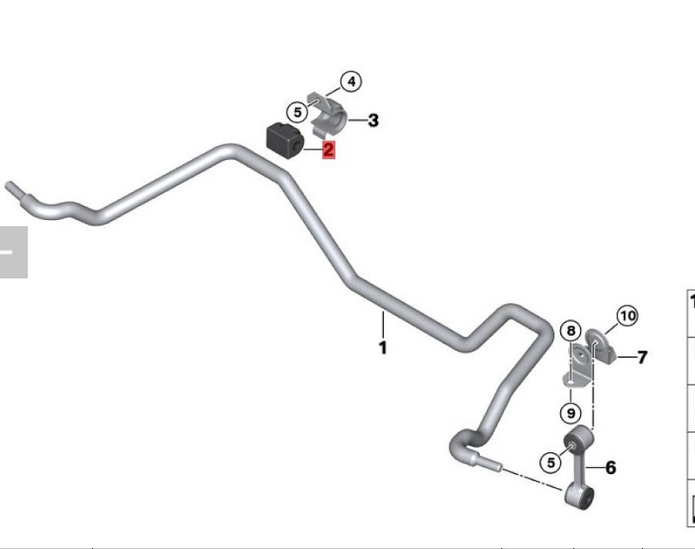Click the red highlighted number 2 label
pos(328,150)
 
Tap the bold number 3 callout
pos(374,120)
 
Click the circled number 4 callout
pos(351,82)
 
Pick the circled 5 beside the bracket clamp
pos(297,112)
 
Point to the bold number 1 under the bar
pos(383,347)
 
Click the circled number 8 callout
pos(571,331)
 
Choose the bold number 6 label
pos(611,467)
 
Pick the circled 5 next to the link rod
pos(551,463)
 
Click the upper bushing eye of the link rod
pos(578,439)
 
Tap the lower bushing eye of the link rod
pos(579,497)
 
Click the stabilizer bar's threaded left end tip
pos(8,185)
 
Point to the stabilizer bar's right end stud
pos(489,463)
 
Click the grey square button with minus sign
pos(13,252)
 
